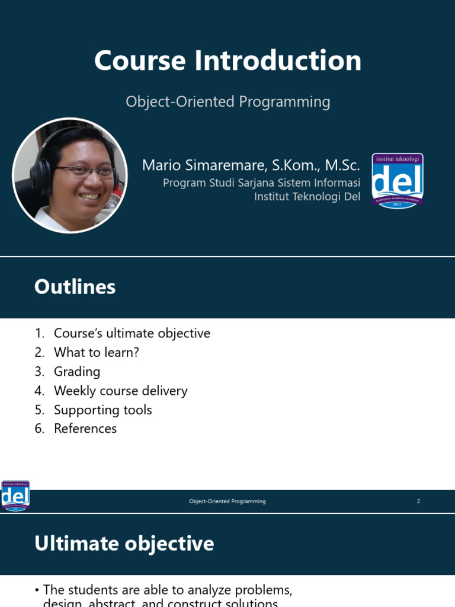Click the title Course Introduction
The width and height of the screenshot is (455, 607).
(x=227, y=61)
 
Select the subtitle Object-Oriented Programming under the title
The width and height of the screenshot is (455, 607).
(x=227, y=102)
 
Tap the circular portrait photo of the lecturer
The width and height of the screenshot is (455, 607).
(x=70, y=175)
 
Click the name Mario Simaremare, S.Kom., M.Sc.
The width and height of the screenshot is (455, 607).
(x=251, y=165)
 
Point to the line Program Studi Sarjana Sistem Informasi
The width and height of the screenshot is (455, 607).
(x=261, y=183)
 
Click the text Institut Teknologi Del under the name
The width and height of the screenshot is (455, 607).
(x=307, y=197)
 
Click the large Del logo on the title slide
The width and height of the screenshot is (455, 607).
(x=397, y=181)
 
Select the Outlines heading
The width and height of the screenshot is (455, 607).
(x=75, y=287)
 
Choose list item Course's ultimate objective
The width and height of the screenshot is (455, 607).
(x=132, y=334)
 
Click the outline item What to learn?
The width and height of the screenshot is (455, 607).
(x=96, y=353)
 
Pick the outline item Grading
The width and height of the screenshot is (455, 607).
(x=77, y=372)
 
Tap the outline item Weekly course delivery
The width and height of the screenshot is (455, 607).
(x=120, y=391)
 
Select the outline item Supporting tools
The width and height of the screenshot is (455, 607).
(x=102, y=410)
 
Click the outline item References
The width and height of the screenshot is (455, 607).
(x=85, y=429)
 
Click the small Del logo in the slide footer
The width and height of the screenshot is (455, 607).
(x=15, y=496)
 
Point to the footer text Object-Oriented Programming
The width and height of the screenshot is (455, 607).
(x=227, y=501)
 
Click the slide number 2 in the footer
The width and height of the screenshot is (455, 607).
(x=418, y=501)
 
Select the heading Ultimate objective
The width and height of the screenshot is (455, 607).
(x=124, y=544)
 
